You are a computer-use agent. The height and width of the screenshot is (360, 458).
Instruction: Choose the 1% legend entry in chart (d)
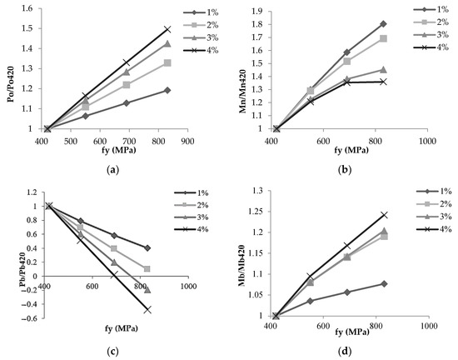(433, 192)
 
